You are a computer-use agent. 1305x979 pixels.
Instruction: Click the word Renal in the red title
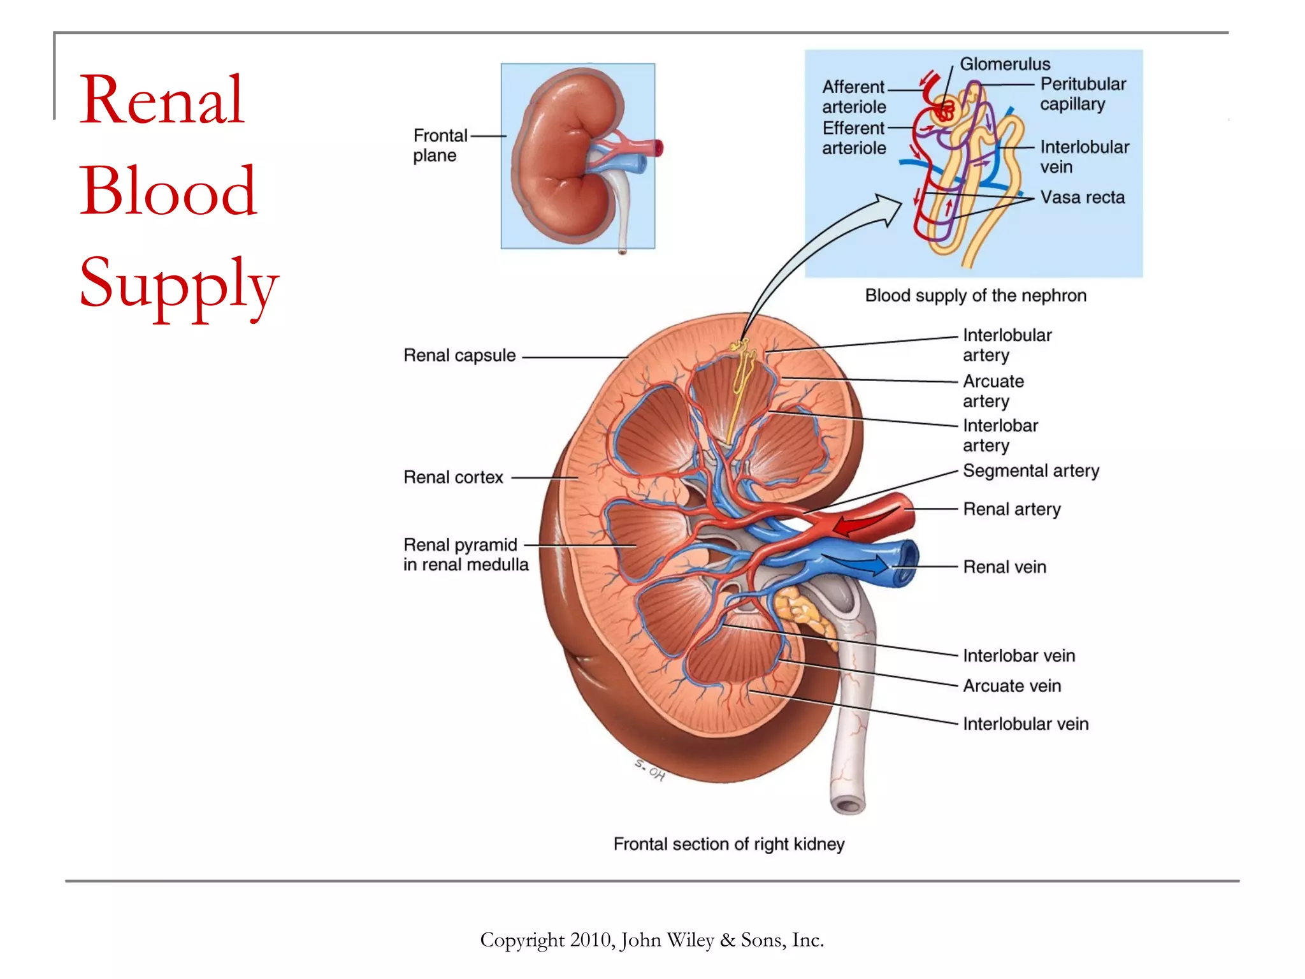coord(162,100)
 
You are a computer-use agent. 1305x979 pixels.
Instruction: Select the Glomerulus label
coord(1004,64)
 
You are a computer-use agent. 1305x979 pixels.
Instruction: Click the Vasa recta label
coord(1082,198)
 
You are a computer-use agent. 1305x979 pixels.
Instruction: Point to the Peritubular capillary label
coord(1082,94)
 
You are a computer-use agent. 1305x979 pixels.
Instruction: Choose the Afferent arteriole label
coord(853,97)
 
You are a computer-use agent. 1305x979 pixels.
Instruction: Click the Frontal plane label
coord(439,145)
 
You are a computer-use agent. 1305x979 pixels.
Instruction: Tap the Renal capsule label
coord(459,356)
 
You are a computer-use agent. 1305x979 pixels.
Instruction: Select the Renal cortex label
coord(453,477)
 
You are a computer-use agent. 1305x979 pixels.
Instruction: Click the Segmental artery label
coord(1030,471)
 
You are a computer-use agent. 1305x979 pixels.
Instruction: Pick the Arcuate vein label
coord(1011,686)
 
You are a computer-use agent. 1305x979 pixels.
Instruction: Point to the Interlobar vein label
coord(1018,656)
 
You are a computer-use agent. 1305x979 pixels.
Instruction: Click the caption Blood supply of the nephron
coord(975,296)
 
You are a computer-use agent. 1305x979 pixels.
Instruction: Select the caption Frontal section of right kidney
coord(728,844)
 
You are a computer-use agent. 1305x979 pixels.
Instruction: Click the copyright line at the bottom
coord(652,940)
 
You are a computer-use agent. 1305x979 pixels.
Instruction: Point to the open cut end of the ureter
coord(848,805)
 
